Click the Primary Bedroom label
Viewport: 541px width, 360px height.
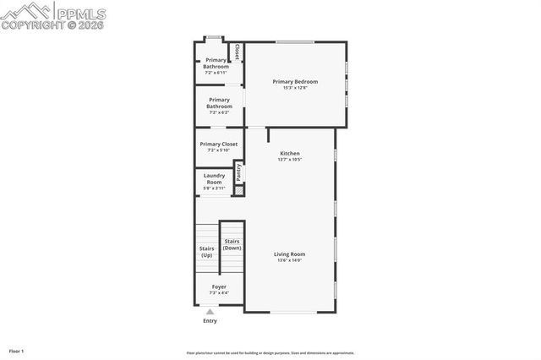tap(295, 81)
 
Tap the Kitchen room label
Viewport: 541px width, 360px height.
tap(290, 153)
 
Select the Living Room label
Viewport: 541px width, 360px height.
tap(290, 254)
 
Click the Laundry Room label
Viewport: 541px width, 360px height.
tap(214, 179)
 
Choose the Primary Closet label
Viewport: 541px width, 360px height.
tap(219, 144)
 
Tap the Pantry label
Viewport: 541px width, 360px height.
tap(239, 172)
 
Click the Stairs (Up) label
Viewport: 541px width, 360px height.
tap(206, 251)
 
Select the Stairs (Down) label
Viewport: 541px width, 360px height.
tap(232, 244)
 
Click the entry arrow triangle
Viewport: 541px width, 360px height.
tap(210, 312)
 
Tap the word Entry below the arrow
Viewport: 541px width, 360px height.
tap(210, 321)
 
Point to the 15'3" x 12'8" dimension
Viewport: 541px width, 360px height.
tap(295, 88)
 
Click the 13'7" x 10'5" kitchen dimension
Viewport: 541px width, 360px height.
tap(290, 160)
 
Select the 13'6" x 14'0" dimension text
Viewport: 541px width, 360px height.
tap(290, 260)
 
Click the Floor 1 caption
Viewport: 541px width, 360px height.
tap(16, 351)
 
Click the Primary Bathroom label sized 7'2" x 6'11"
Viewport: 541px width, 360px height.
tap(216, 63)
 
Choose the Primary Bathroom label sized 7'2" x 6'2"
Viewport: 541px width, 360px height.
tap(220, 103)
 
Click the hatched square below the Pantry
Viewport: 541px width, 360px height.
tap(239, 191)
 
